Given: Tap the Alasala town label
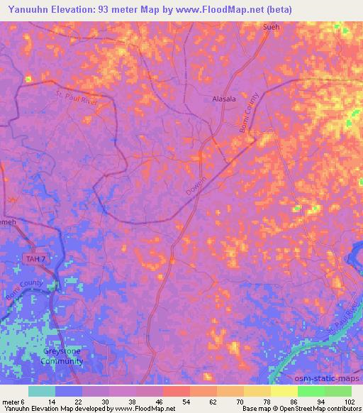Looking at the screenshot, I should tap(225, 99).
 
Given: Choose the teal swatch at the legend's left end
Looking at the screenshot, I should tap(41, 391).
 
